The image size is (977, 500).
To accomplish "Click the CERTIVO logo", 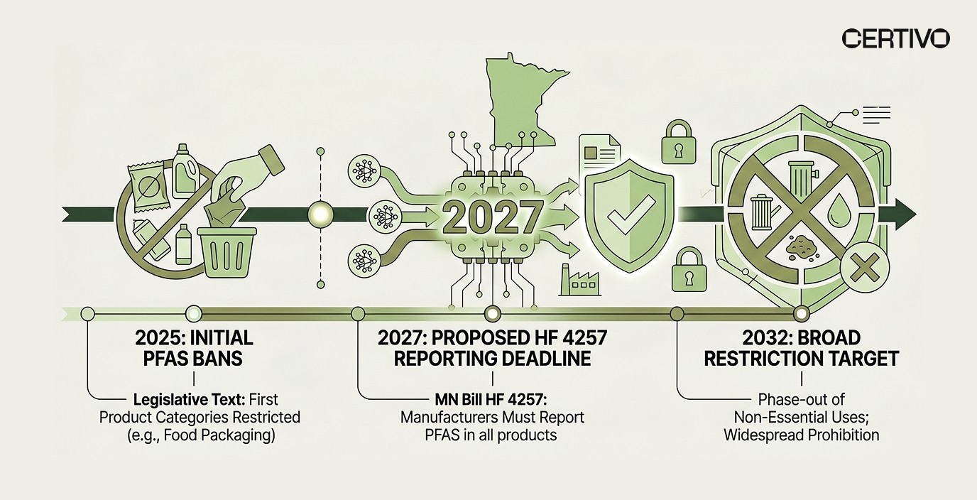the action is click(895, 38).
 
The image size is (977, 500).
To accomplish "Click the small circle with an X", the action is click(864, 271).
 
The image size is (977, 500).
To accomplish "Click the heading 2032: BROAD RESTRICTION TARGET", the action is click(802, 347).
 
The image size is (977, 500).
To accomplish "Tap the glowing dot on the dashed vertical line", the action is click(321, 212).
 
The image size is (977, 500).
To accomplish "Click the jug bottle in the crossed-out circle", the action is click(186, 170).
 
